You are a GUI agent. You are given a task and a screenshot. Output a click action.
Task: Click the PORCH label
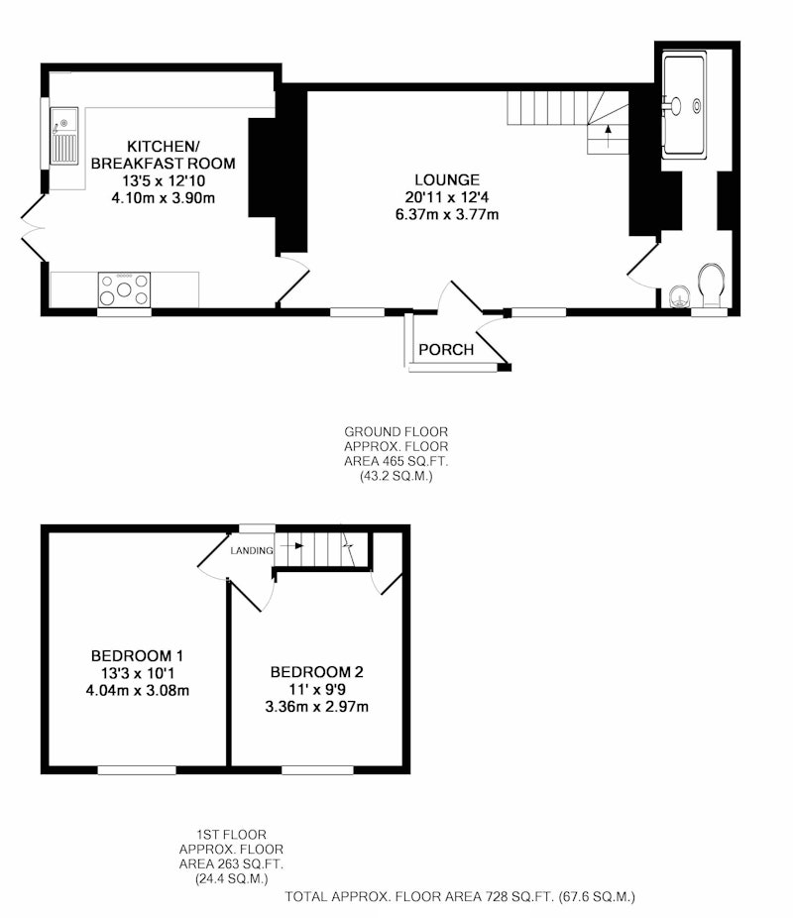pyautogui.click(x=446, y=350)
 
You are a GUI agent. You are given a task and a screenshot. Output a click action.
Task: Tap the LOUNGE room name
pyautogui.click(x=447, y=179)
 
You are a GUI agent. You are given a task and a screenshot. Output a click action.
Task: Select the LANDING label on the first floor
pyautogui.click(x=252, y=550)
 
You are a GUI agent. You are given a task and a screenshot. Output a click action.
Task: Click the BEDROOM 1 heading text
pyautogui.click(x=138, y=655)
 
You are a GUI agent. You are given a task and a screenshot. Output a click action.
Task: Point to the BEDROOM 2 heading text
pyautogui.click(x=316, y=672)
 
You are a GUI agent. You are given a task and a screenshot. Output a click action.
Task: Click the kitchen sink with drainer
pyautogui.click(x=63, y=136)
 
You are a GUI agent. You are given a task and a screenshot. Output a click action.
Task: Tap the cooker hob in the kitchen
pyautogui.click(x=124, y=289)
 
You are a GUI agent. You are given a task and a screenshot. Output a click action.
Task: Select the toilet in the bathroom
pyautogui.click(x=712, y=285)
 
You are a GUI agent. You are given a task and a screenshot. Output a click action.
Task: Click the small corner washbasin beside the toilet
pyautogui.click(x=679, y=296)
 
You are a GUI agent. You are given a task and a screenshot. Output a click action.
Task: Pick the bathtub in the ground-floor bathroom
pyautogui.click(x=684, y=105)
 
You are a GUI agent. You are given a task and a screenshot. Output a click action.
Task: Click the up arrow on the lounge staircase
pyautogui.click(x=608, y=136)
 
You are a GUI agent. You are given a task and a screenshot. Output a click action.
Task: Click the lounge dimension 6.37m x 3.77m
pyautogui.click(x=447, y=214)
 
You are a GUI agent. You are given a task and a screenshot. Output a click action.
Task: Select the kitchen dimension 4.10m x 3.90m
pyautogui.click(x=164, y=198)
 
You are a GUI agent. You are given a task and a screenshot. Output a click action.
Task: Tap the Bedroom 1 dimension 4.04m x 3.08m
pyautogui.click(x=138, y=690)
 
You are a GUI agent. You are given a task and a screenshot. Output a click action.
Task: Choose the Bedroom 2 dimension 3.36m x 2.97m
pyautogui.click(x=316, y=707)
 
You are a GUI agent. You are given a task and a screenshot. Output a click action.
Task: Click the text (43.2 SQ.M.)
pyautogui.click(x=396, y=476)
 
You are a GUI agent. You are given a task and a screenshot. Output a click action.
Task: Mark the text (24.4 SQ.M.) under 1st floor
pyautogui.click(x=231, y=878)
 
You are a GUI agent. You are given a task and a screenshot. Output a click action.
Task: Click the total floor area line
pyautogui.click(x=460, y=896)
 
